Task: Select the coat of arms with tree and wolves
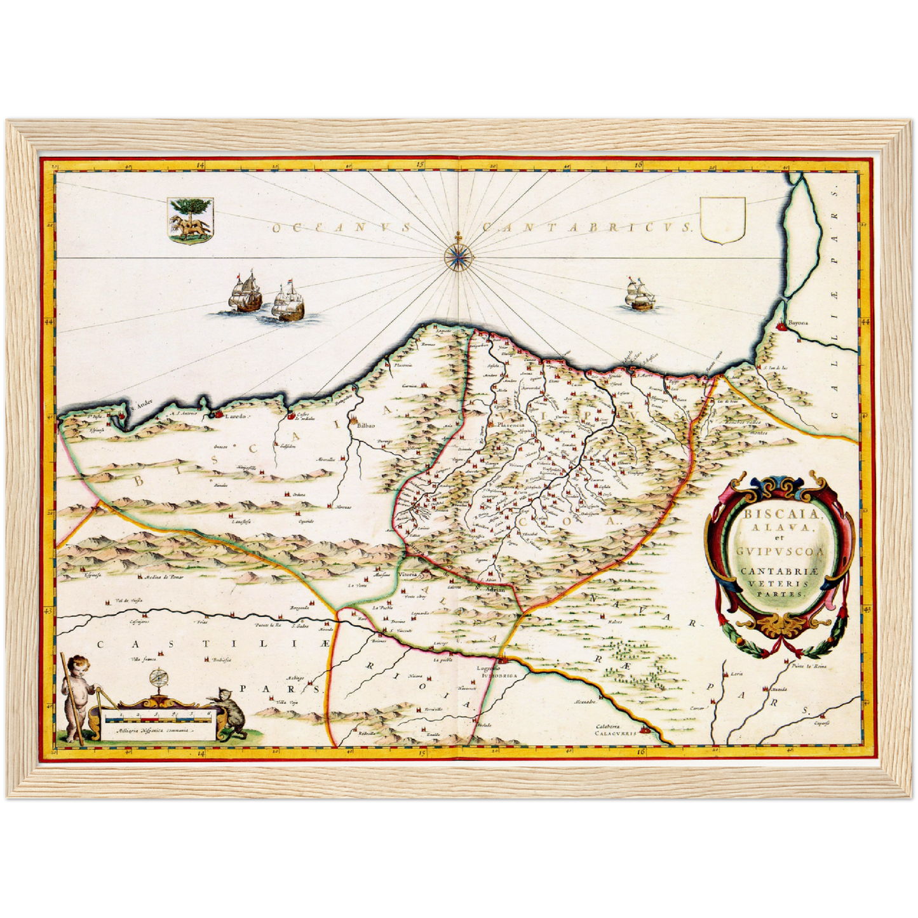190,220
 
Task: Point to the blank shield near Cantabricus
722,220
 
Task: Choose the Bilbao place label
367,425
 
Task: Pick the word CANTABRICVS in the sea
586,227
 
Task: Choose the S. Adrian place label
494,590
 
